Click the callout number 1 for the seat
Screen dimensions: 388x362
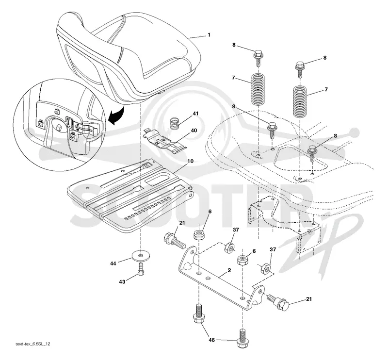[209, 34]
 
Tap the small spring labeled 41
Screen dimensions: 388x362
[175, 123]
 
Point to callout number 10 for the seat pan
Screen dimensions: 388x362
[190, 161]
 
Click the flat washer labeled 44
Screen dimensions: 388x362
[141, 255]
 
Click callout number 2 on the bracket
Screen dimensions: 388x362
[229, 270]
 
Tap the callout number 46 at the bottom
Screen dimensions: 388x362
[212, 340]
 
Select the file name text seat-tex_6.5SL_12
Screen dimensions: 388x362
[33, 344]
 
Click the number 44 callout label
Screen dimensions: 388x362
[113, 263]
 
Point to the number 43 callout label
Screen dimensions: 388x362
[122, 282]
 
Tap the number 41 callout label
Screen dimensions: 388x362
[195, 114]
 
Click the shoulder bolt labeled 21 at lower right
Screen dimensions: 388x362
[278, 301]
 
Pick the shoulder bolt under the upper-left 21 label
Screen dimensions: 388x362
[175, 240]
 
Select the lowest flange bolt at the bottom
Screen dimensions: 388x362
[242, 338]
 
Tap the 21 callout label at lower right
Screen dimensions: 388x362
[309, 299]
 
